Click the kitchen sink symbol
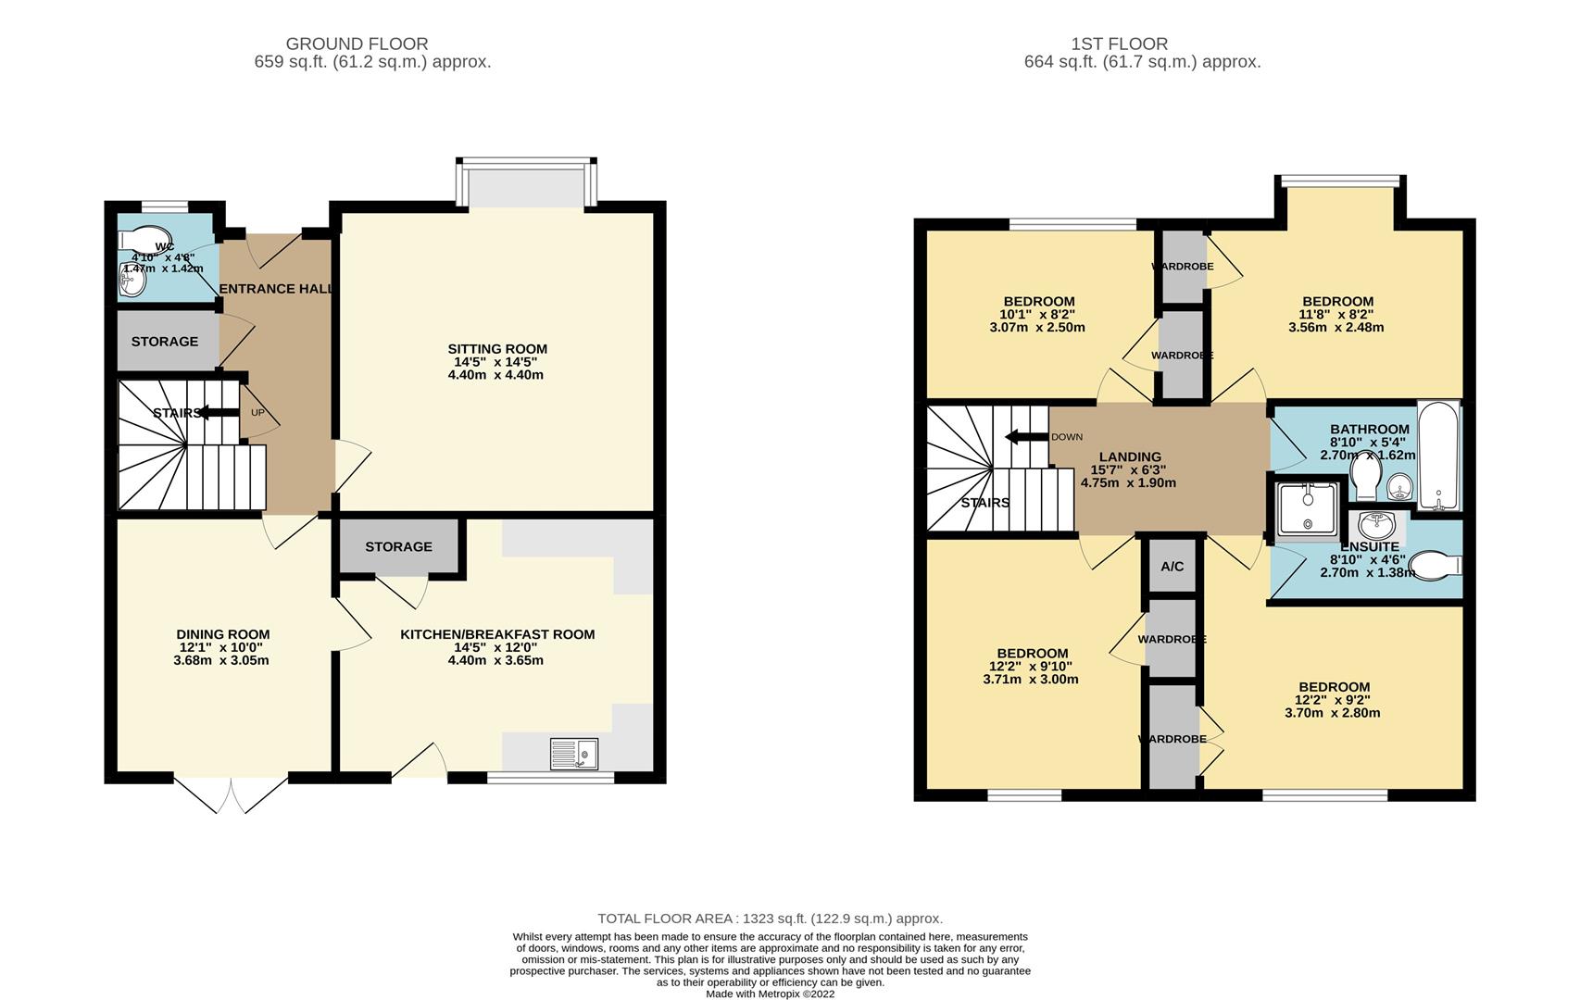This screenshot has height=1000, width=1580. pyautogui.click(x=573, y=753)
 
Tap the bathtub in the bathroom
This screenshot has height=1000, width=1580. pyautogui.click(x=1438, y=455)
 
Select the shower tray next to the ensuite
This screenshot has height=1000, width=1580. pyautogui.click(x=1307, y=509)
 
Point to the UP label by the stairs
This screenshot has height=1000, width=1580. pyautogui.click(x=257, y=413)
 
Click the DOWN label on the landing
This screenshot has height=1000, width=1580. pyautogui.click(x=1066, y=437)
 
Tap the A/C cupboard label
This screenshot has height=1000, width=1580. pyautogui.click(x=1172, y=567)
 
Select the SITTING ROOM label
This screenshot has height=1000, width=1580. pyautogui.click(x=497, y=349)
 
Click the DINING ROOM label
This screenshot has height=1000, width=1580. pyautogui.click(x=222, y=634)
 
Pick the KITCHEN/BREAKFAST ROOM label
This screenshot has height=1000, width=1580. pyautogui.click(x=497, y=634)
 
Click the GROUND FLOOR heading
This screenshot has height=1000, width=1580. pyautogui.click(x=357, y=44)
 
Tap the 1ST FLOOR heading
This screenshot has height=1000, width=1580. pyautogui.click(x=1119, y=44)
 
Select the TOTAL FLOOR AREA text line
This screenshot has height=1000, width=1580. pyautogui.click(x=770, y=919)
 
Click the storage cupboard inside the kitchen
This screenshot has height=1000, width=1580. pyautogui.click(x=398, y=547)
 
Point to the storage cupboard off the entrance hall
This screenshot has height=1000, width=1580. pyautogui.click(x=165, y=342)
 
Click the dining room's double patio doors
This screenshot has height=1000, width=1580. pyautogui.click(x=231, y=794)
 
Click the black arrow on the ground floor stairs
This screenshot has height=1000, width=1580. pyautogui.click(x=217, y=413)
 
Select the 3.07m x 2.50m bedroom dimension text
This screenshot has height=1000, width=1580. pyautogui.click(x=1036, y=327)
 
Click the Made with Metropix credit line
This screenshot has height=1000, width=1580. pyautogui.click(x=770, y=994)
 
